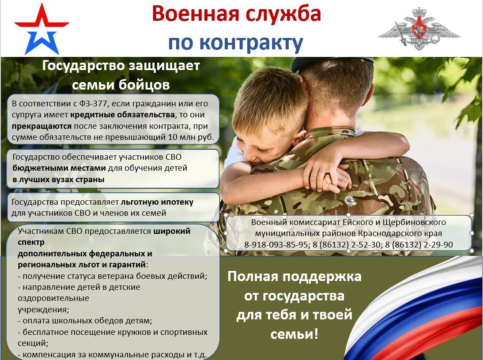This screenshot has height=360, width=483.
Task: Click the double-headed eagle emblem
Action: [419, 29]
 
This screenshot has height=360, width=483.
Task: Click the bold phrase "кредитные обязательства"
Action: [123, 115]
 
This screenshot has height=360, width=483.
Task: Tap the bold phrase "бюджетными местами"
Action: [59, 168]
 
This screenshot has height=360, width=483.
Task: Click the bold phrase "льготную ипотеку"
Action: [157, 202]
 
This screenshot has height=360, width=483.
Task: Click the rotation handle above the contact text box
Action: [349, 201]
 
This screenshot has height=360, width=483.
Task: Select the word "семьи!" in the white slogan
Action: [294, 334]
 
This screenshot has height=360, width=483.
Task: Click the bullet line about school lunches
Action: [85, 321]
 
